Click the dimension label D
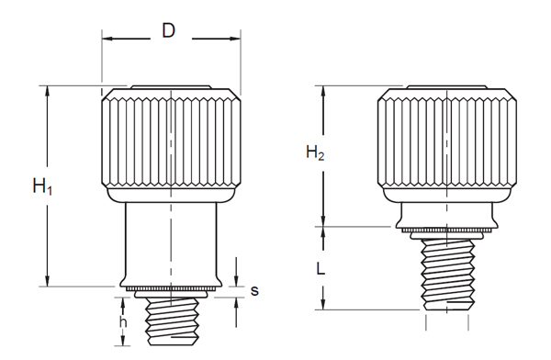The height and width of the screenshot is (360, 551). pyautogui.click(x=168, y=30)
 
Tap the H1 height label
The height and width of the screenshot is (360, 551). pyautogui.click(x=42, y=186)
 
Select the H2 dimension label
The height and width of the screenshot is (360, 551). pyautogui.click(x=315, y=152)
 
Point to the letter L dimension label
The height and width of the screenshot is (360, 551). pyautogui.click(x=320, y=269)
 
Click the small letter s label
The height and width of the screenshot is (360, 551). pyautogui.click(x=254, y=291)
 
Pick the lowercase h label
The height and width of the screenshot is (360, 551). pyautogui.click(x=123, y=321)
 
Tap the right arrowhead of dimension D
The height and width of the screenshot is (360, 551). pyautogui.click(x=235, y=39)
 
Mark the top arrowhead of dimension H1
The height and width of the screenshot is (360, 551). pyautogui.click(x=47, y=91)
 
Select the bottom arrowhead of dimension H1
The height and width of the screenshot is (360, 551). pyautogui.click(x=47, y=281)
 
